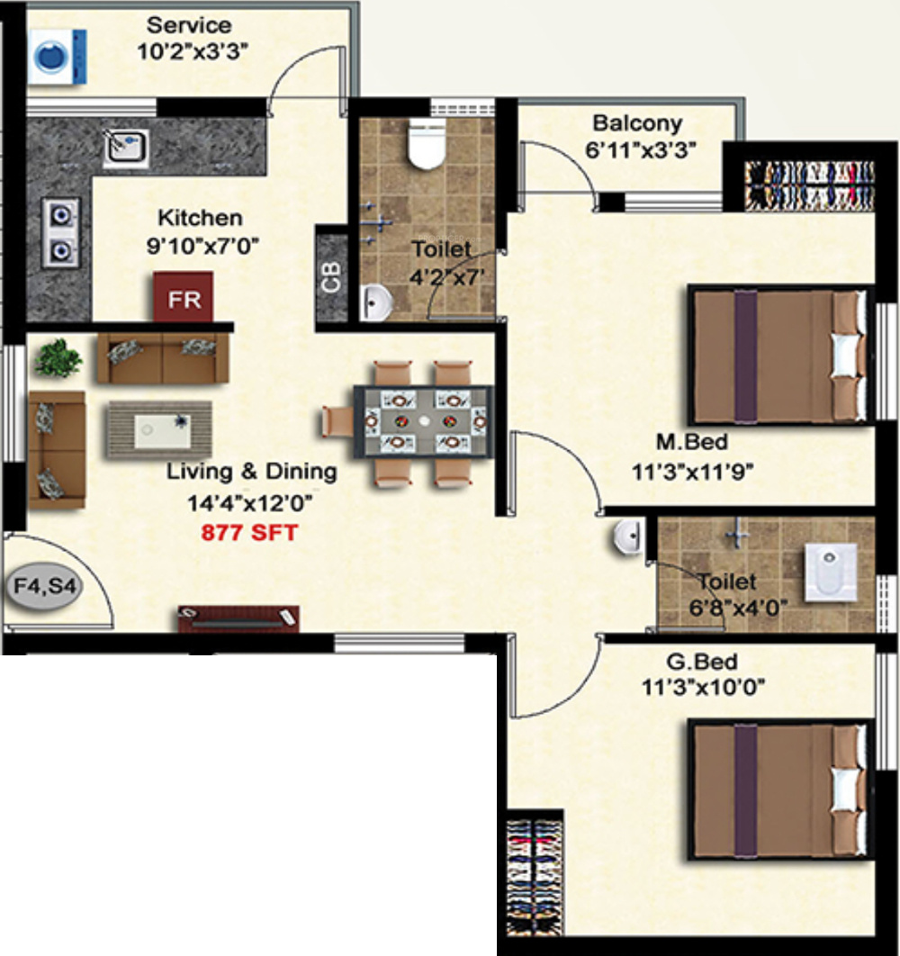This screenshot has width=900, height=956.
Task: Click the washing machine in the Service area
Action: (58, 57)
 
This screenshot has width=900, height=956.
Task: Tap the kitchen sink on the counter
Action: (126, 148)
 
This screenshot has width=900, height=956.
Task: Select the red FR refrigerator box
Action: (183, 298)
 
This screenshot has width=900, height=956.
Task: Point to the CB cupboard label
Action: (331, 277)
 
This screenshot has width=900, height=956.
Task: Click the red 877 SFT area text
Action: (249, 533)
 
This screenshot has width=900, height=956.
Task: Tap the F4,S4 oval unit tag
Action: (44, 587)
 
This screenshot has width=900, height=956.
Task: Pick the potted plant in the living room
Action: (58, 358)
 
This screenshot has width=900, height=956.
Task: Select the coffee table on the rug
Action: (162, 431)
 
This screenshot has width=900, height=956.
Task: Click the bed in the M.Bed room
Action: (778, 356)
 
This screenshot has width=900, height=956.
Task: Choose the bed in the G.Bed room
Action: (778, 790)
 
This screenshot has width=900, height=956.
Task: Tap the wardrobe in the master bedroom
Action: (810, 185)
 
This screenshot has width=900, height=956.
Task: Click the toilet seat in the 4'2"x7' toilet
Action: (427, 145)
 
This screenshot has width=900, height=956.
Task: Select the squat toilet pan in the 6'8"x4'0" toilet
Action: (830, 572)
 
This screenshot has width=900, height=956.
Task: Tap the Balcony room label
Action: (637, 122)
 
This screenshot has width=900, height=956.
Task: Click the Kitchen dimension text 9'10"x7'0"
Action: (202, 246)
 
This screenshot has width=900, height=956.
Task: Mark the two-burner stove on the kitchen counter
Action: (60, 233)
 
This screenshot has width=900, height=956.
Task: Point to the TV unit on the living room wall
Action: (238, 618)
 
